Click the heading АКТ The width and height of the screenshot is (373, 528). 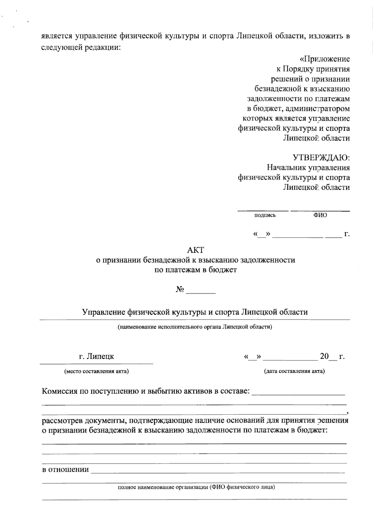pos(196,250)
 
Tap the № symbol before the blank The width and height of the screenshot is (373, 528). pos(180,290)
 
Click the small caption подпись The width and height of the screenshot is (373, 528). pos(265,215)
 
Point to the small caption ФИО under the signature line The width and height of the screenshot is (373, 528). pos(320,215)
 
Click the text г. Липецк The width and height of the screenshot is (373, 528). pos(96,356)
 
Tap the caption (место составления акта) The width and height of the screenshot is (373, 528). pos(96,371)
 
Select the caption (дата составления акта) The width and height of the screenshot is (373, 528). pos(294,371)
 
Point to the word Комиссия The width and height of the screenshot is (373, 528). pos(59,391)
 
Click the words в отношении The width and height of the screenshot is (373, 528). pos(65,470)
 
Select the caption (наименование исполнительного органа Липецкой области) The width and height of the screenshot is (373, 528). pos(195,327)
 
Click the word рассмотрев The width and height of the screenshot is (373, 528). pos(62,421)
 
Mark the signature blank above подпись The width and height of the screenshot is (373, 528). pos(263,211)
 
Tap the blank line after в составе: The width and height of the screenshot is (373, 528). pos(298,394)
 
